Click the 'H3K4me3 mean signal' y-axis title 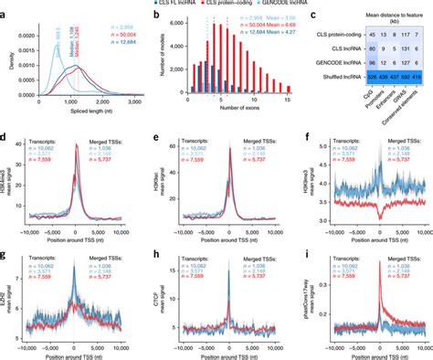coord(7,192)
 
